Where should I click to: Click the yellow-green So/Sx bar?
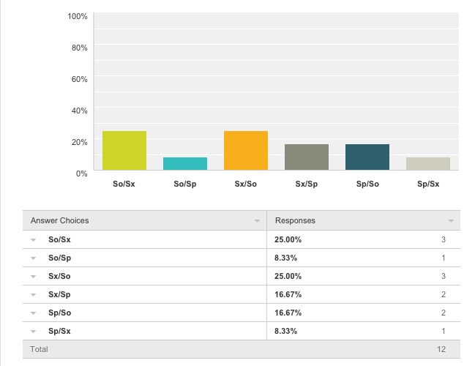pos(124,150)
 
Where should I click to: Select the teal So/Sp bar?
pos(185,164)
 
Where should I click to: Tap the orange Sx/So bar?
pos(246,150)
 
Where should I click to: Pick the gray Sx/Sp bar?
pos(307,157)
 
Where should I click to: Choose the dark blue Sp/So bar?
pos(367,157)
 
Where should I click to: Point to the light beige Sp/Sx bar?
pos(428,164)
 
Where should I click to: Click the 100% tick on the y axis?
pos(78,16)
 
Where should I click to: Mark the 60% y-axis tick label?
pos(79,79)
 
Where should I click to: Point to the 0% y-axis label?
pos(81,173)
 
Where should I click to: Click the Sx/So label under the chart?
pos(246,184)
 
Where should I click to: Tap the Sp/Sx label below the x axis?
pos(428,184)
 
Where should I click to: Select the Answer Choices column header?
pos(60,220)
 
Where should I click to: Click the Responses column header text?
pos(295,220)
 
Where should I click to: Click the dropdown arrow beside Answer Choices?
pos(257,221)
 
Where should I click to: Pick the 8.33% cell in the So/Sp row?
pos(285,258)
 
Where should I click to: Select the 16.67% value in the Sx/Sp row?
pos(288,294)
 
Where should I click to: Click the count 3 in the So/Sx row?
pos(444,239)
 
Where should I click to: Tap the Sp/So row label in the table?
pos(60,313)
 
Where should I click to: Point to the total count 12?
pos(441,349)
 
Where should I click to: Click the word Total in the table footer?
pos(39,349)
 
